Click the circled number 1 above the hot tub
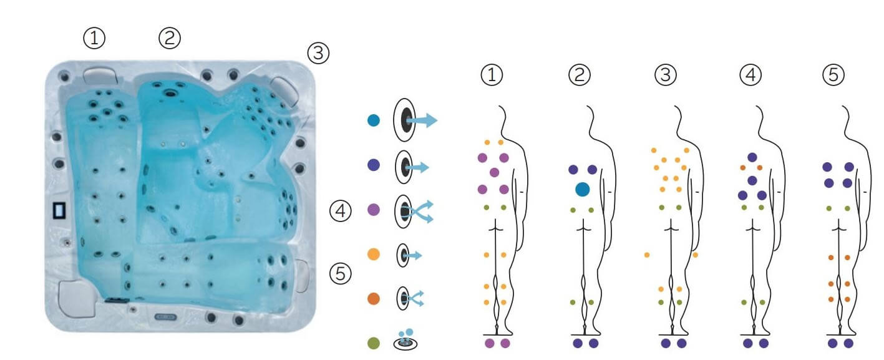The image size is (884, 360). pos(94,39)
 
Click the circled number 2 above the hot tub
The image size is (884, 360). pos(169,39)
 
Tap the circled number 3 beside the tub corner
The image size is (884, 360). pos(318,54)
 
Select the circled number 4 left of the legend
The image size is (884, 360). pos(341,212)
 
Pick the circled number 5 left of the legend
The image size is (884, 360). pos(341,273)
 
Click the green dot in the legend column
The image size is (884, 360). pos(373,343)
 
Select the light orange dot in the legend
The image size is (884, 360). pos(373,255)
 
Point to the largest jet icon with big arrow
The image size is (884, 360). pos(413,121)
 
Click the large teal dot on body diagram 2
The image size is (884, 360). pos(583,189)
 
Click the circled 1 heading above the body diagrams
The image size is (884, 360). pos(492,75)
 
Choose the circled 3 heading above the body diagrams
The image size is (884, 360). pos(665,75)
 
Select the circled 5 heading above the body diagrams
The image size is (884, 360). pos(834,75)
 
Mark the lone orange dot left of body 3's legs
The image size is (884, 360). pos(647,255)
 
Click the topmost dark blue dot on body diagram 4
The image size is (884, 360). pos(752,157)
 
